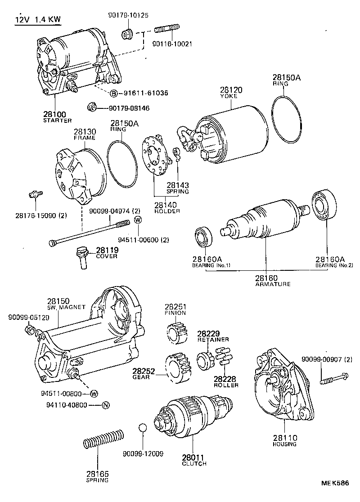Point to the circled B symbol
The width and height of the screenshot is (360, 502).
tap(114, 93)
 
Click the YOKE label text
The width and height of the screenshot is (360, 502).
tap(231, 96)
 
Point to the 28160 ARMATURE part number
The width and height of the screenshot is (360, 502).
tap(266, 278)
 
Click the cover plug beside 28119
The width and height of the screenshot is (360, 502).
tap(83, 258)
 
